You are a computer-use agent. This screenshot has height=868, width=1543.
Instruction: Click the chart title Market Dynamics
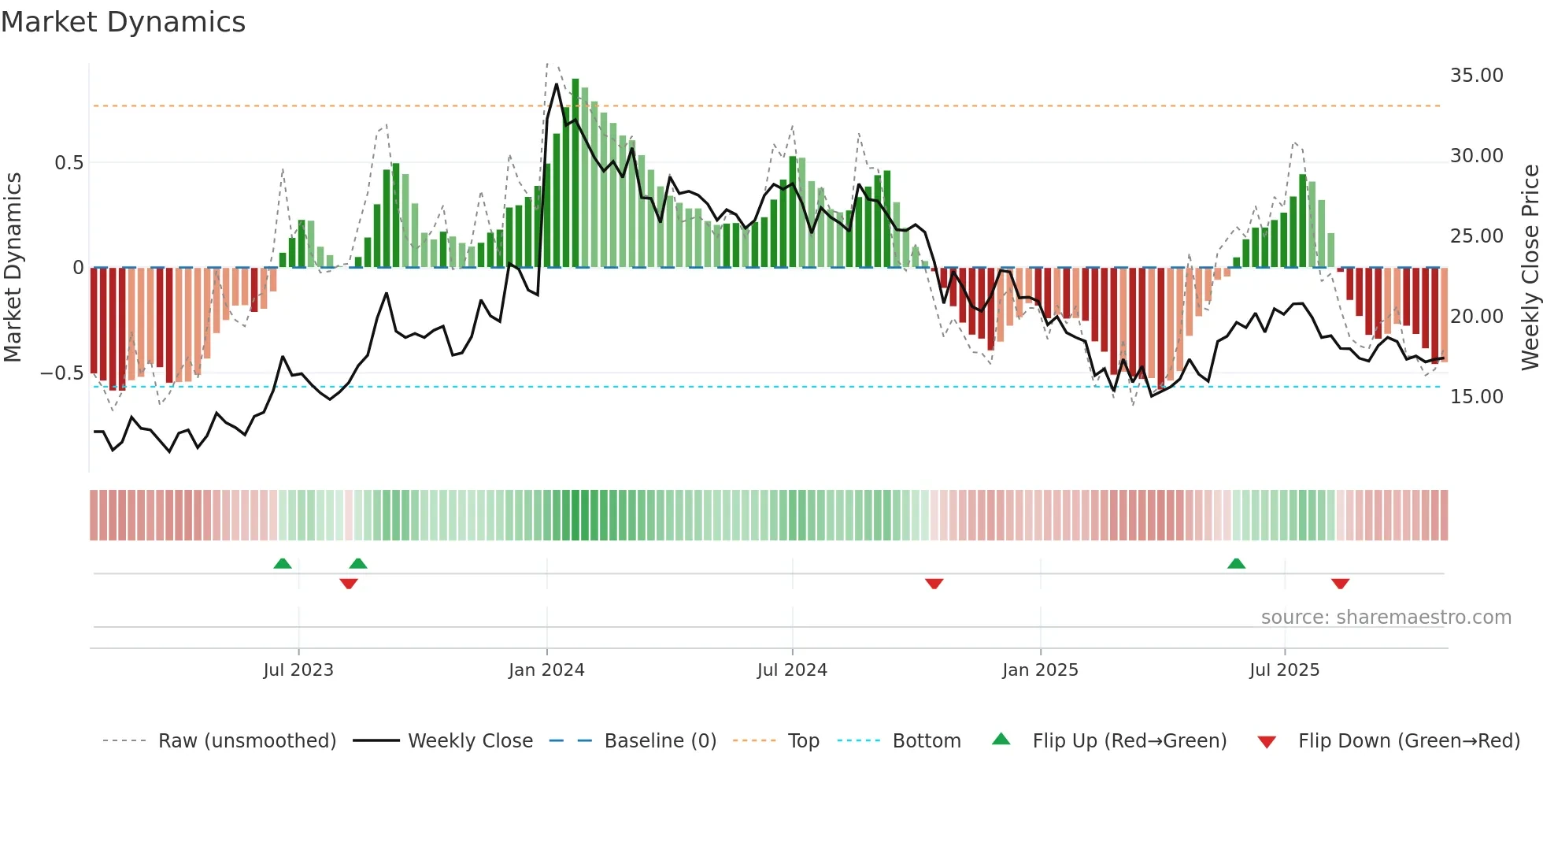tap(124, 22)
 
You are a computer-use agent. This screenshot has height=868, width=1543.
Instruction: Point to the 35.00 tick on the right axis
tap(1476, 76)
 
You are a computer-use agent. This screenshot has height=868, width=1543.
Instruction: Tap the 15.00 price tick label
tap(1476, 397)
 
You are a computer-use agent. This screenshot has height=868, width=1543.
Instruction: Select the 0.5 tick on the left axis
tap(68, 163)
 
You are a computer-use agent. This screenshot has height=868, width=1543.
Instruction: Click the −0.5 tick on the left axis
tap(62, 373)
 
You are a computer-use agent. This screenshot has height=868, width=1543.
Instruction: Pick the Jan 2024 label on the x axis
tap(546, 670)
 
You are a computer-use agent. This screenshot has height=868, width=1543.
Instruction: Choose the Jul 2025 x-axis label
tap(1284, 670)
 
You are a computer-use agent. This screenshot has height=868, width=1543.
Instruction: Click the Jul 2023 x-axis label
tap(298, 670)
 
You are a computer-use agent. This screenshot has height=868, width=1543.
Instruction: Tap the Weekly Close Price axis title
tap(1530, 268)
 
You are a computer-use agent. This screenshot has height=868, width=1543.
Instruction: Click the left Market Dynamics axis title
tap(13, 268)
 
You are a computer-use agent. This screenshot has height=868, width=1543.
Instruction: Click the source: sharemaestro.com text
tap(1386, 618)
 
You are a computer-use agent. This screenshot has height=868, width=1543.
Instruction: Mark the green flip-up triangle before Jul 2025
tap(1236, 563)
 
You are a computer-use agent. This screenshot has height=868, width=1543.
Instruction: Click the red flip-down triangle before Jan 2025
tap(934, 584)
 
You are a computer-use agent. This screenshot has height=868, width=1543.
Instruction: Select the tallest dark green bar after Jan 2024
tap(575, 173)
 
